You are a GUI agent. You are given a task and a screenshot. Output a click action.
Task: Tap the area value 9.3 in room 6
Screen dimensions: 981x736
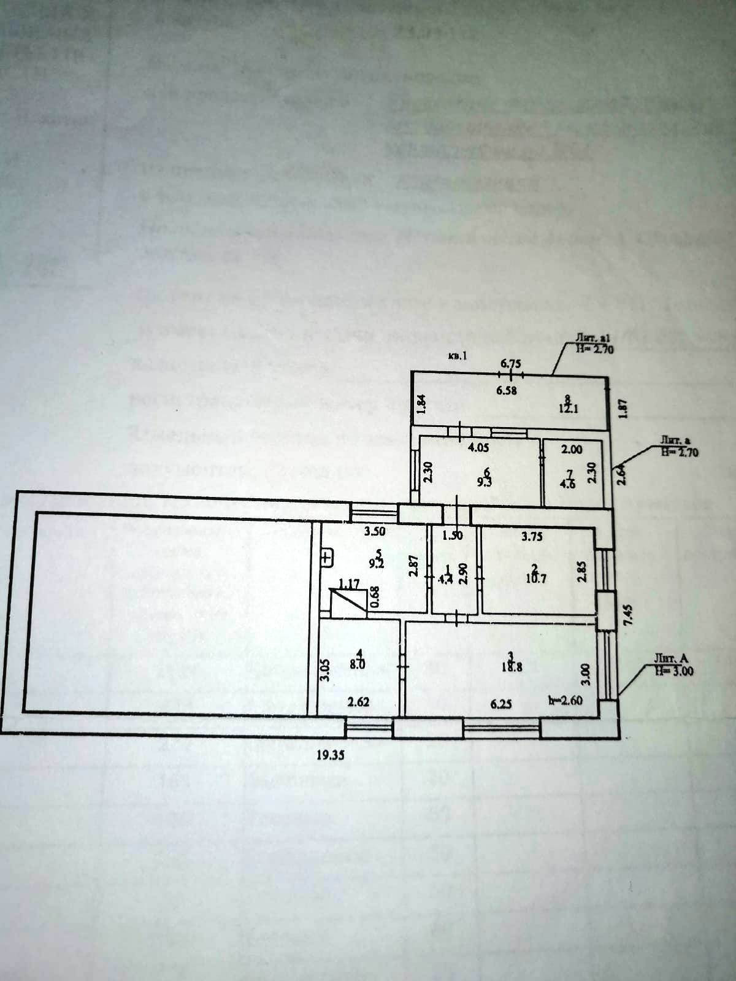point(488,482)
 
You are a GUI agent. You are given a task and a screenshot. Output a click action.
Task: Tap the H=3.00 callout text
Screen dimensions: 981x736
point(675,671)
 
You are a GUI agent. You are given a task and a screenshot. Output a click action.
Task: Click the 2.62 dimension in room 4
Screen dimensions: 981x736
point(358,703)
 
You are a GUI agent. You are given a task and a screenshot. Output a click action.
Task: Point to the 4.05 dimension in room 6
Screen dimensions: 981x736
point(478,448)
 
